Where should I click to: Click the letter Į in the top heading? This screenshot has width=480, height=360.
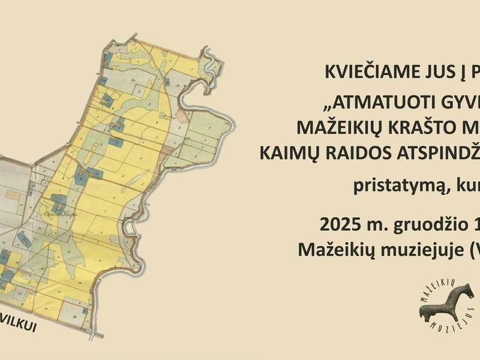click(451, 72)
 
